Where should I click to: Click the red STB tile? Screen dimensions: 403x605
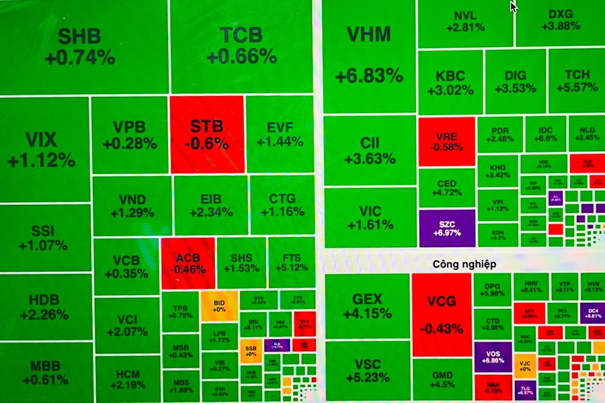[x=206, y=134]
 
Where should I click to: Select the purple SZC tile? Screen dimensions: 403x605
[x=446, y=227]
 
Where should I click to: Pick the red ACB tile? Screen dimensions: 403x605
[x=188, y=263]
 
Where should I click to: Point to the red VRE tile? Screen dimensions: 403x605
[x=446, y=141]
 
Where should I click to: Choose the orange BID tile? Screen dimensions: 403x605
[x=219, y=308]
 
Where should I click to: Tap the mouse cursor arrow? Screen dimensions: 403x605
[x=514, y=6]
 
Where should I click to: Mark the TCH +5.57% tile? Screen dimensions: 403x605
[x=576, y=81]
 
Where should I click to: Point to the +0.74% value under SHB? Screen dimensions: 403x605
[x=80, y=58]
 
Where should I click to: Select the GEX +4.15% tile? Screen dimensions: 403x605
[x=367, y=306]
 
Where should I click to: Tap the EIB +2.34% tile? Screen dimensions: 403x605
[x=210, y=205]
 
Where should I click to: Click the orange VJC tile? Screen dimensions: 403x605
[x=525, y=366]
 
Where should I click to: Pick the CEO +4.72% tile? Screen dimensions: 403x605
[x=446, y=187]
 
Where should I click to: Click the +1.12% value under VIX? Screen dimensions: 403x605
[x=41, y=160]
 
